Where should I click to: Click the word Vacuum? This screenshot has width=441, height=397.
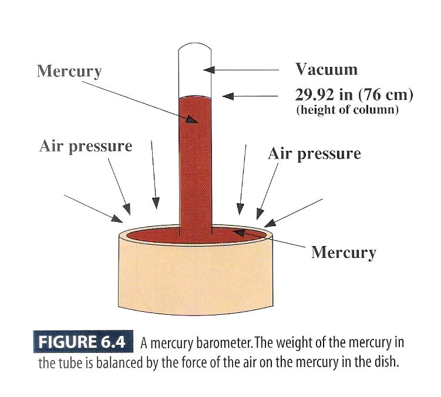326,69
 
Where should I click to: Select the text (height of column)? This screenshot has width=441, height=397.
347,110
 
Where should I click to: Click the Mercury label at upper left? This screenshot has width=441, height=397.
69,71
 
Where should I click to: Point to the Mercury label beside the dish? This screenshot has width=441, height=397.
344,253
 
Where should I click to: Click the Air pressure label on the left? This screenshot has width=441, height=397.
86,146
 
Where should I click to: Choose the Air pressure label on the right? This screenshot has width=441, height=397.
314,154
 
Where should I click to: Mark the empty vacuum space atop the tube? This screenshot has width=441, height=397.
194,70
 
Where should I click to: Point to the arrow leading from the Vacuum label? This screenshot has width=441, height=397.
241,69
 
